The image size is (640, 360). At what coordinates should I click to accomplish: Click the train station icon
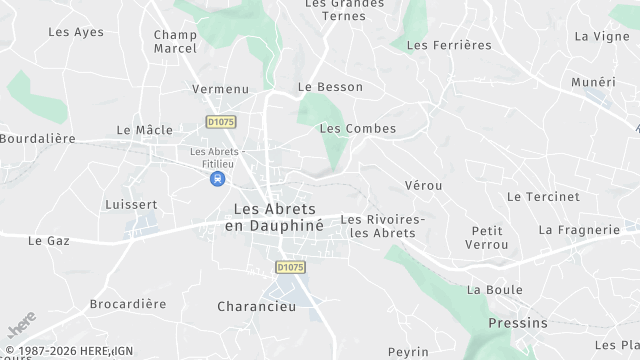pyautogui.click(x=217, y=179)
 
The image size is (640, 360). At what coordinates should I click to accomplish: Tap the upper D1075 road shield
pyautogui.click(x=220, y=121)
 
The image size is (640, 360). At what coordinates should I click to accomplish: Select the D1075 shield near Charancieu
pyautogui.click(x=290, y=267)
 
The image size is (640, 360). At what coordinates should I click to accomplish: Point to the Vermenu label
pyautogui.click(x=220, y=89)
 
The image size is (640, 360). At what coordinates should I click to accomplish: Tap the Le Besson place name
pyautogui.click(x=330, y=87)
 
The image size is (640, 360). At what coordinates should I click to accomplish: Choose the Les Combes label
pyautogui.click(x=357, y=129)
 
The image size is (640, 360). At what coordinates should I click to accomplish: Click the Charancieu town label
pyautogui.click(x=257, y=307)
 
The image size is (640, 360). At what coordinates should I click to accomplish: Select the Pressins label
pyautogui.click(x=518, y=323)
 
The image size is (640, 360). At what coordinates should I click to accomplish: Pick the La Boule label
pyautogui.click(x=494, y=290)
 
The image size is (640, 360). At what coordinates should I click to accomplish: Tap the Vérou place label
pyautogui.click(x=424, y=186)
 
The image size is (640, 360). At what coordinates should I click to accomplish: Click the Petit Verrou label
pyautogui.click(x=487, y=238)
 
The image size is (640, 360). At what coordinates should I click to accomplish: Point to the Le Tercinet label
pyautogui.click(x=543, y=197)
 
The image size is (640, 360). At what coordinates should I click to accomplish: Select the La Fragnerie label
pyautogui.click(x=579, y=230)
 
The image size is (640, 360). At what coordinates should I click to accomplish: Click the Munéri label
pyautogui.click(x=593, y=82)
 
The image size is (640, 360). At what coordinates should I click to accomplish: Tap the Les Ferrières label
pyautogui.click(x=449, y=45)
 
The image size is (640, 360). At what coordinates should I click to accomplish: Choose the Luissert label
pyautogui.click(x=131, y=205)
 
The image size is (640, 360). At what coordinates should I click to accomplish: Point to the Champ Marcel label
pyautogui.click(x=175, y=42)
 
